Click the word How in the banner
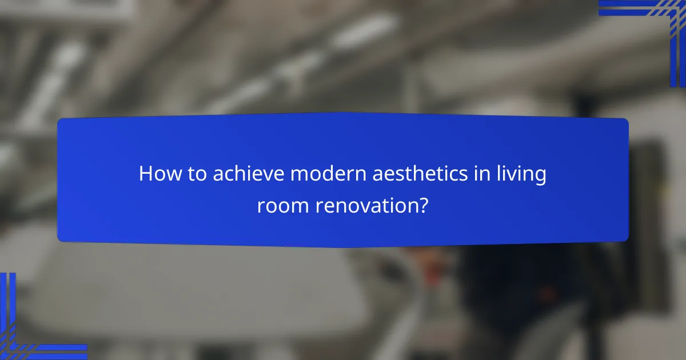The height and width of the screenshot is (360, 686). pyautogui.click(x=157, y=174)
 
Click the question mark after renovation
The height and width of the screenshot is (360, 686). pyautogui.click(x=423, y=205)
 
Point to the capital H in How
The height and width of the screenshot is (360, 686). pyautogui.click(x=146, y=174)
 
